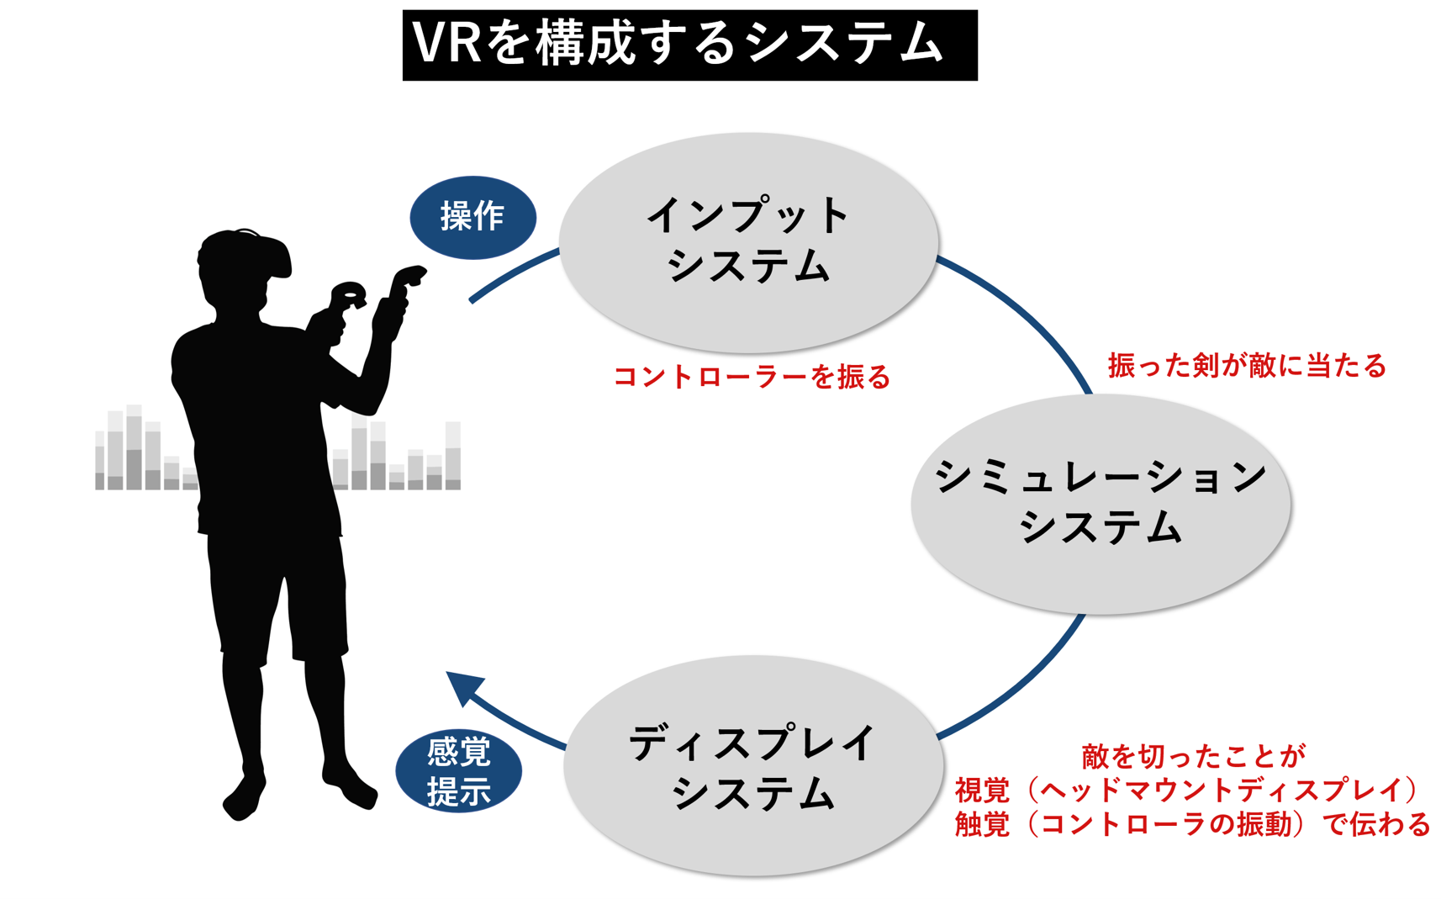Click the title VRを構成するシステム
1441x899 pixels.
689,45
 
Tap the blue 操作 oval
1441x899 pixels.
472,217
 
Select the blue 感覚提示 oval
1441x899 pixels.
458,770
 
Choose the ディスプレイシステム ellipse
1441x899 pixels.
752,766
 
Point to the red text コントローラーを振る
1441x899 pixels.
752,377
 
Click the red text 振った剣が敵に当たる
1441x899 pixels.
1246,366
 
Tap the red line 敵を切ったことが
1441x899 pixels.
1193,756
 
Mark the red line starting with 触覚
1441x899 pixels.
1192,824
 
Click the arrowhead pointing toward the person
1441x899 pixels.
464,685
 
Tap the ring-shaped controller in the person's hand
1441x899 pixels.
348,296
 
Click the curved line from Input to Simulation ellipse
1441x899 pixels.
1026,311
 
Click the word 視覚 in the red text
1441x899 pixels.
982,790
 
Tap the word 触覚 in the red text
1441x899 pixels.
982,824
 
